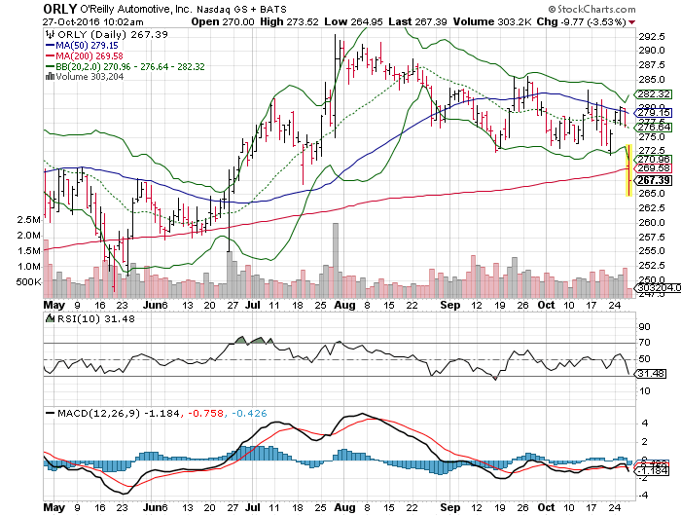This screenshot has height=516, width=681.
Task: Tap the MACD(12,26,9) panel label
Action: [92, 414]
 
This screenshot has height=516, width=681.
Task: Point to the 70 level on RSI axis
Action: [643, 342]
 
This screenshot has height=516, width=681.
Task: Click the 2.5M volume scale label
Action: [30, 220]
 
